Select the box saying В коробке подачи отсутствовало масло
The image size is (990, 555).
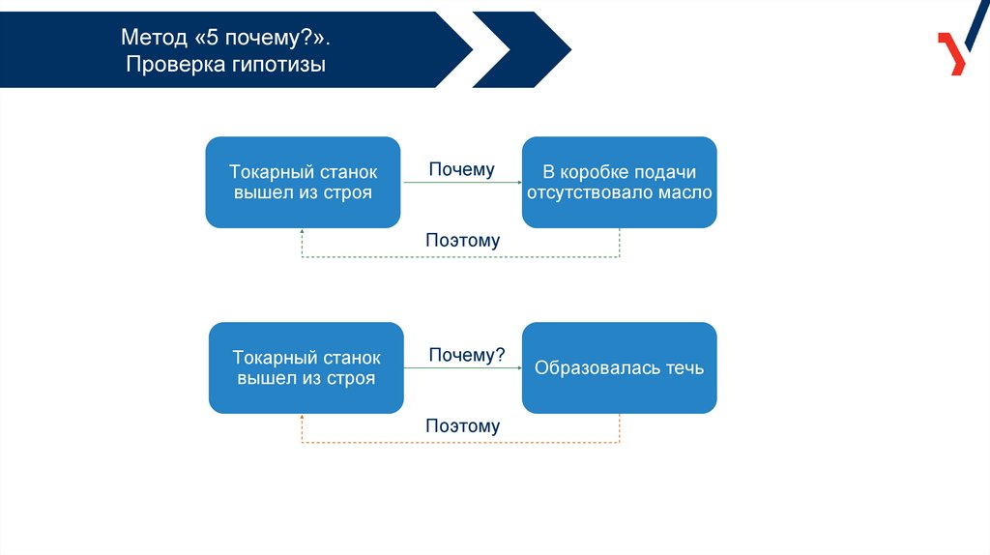[x=619, y=183]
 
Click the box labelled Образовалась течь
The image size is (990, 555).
[x=619, y=368]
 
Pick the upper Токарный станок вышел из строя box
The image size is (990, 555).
[x=303, y=183]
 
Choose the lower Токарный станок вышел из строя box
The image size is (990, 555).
[x=306, y=368]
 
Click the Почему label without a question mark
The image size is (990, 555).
[x=462, y=170]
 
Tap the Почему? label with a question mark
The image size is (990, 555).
[x=467, y=355]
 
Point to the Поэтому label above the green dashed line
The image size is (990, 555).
[x=462, y=241]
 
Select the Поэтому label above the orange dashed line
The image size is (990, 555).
[x=462, y=426]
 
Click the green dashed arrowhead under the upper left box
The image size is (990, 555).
[x=303, y=233]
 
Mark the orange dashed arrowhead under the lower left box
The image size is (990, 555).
[x=303, y=419]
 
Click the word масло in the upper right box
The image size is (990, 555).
[x=688, y=192]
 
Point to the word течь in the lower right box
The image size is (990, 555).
[x=683, y=368]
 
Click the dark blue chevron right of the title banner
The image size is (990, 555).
[x=522, y=48]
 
